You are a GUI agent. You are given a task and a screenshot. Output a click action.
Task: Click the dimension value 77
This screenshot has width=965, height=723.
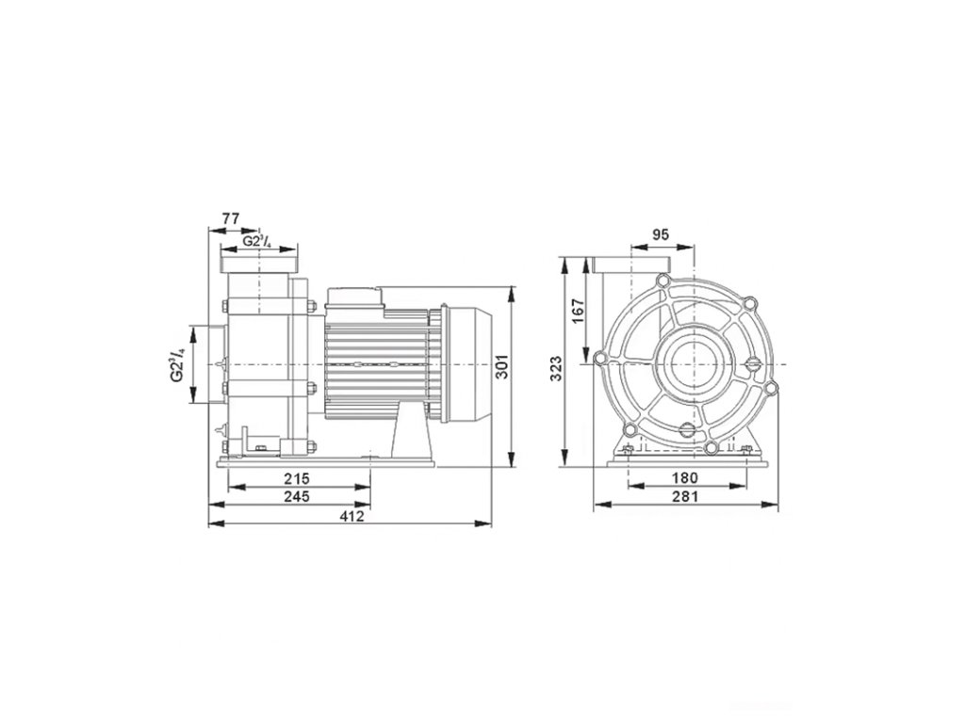coord(230,218)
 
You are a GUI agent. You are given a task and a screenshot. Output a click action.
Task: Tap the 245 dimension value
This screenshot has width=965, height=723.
coord(297,496)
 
